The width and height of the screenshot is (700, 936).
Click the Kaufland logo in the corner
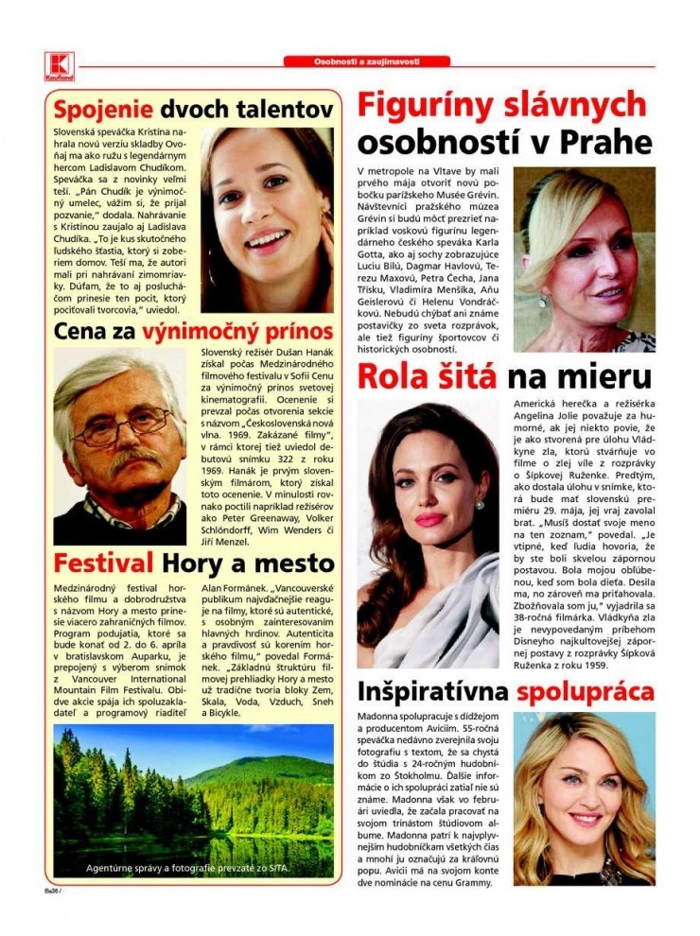58,65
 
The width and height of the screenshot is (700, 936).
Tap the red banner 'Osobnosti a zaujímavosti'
366,61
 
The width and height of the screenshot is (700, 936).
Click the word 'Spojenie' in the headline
103,108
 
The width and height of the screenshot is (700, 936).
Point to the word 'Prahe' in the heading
606,142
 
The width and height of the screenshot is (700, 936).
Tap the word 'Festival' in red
103,563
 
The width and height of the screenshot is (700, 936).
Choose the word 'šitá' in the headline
464,376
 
